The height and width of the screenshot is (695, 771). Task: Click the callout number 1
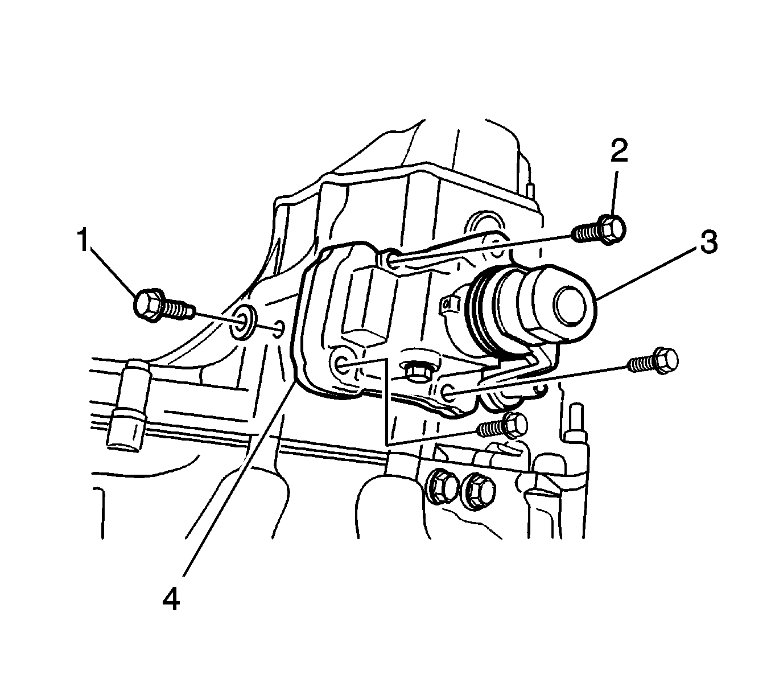pos(83,239)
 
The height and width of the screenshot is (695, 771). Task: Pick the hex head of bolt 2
pos(612,229)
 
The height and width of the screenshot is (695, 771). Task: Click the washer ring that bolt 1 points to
pos(244,322)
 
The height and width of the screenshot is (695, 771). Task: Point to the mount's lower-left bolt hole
pos(341,363)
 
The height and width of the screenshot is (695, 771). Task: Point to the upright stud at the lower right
pos(575,423)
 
